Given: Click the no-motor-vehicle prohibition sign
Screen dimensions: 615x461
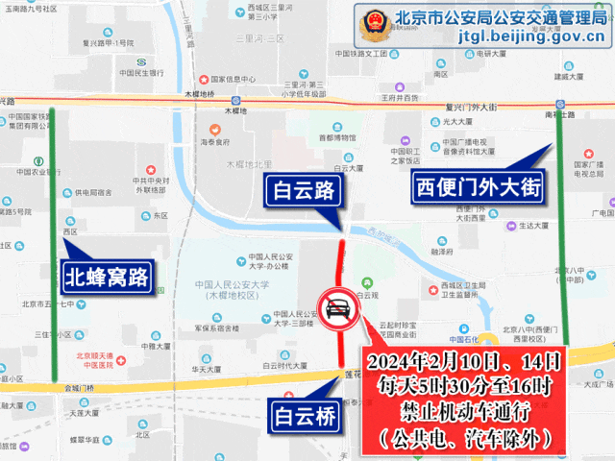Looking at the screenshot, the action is pyautogui.click(x=337, y=310).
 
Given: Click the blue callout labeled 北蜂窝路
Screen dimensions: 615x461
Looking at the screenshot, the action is pyautogui.click(x=106, y=279).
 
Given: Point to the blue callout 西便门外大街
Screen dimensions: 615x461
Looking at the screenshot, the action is pyautogui.click(x=478, y=185).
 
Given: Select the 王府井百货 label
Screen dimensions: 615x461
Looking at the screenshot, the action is pyautogui.click(x=401, y=97).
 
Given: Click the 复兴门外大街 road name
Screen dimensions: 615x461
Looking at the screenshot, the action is pyautogui.click(x=475, y=107).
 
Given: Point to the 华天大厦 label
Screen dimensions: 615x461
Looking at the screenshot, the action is pyautogui.click(x=207, y=368).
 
